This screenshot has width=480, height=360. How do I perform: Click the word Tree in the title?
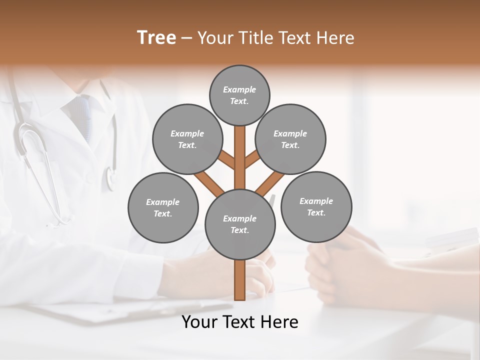(x=156, y=37)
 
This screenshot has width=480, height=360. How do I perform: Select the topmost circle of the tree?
(x=239, y=95)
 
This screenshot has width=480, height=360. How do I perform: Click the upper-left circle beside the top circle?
(x=187, y=139)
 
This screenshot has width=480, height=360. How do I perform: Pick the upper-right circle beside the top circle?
(x=290, y=139)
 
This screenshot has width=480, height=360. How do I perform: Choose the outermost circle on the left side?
(x=163, y=207)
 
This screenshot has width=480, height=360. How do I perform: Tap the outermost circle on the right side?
(x=316, y=206)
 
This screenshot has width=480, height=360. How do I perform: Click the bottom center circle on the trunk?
(x=240, y=224)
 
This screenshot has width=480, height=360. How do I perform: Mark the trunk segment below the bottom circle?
(x=240, y=280)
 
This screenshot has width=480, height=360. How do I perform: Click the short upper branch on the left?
(x=227, y=160)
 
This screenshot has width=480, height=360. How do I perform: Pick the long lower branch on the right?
(x=270, y=183)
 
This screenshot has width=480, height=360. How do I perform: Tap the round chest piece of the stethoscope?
(x=110, y=177)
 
